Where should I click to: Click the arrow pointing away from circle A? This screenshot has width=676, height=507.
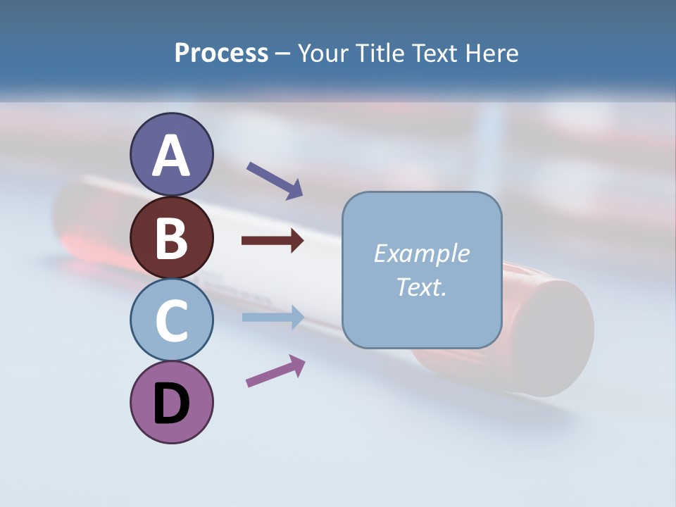[x=275, y=180]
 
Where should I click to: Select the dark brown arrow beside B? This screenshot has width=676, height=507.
[x=273, y=241]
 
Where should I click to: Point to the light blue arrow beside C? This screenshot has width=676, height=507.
[x=273, y=317]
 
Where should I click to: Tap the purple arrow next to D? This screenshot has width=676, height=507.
[x=275, y=371]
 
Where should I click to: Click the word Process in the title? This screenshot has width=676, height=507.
[x=221, y=54]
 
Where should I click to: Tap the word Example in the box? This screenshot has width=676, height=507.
[x=421, y=254]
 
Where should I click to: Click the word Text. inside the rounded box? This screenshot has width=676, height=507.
[x=421, y=287]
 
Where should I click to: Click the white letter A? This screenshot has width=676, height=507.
[x=171, y=156]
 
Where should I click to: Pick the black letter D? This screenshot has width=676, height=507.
[x=171, y=404]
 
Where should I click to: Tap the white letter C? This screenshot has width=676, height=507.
[x=171, y=320]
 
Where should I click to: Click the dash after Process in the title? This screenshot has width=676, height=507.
[x=283, y=54]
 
